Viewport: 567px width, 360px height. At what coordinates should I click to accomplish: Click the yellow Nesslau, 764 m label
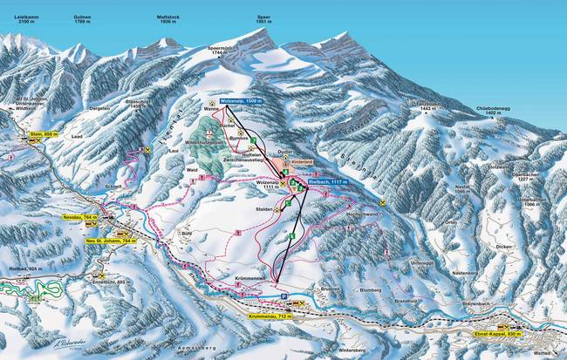[79, 214]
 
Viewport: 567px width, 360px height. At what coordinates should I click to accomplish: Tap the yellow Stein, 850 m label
[43, 134]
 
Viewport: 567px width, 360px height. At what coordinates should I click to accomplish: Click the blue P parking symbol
[282, 296]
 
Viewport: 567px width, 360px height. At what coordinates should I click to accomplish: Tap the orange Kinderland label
[300, 163]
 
